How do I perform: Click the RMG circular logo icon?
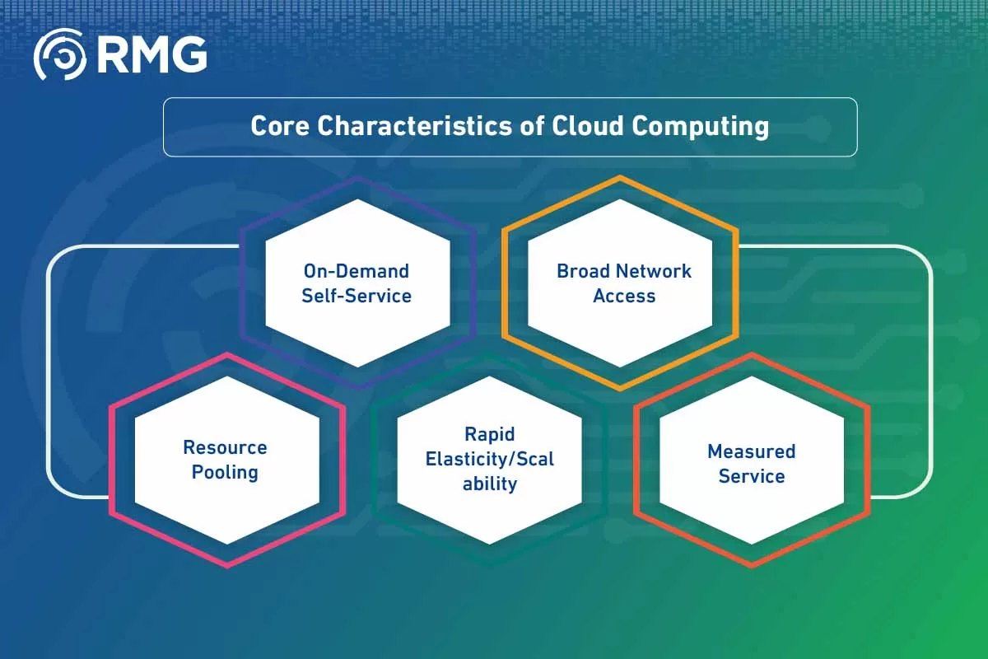pos(59,54)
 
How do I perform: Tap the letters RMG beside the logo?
pos(151,54)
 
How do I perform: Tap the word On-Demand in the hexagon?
pos(356,271)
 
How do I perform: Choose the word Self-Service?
pos(356,296)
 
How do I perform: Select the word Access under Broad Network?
pos(624,296)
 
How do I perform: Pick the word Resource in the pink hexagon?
pos(225,447)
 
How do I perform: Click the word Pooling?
pos(225,472)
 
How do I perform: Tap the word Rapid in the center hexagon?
pos(489,434)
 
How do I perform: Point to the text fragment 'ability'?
pos(489,484)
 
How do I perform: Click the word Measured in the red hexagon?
pos(751,451)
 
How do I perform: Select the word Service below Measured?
pos(751,476)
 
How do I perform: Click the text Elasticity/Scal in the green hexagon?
pos(489,459)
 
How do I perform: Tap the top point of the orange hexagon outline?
pos(620,177)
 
